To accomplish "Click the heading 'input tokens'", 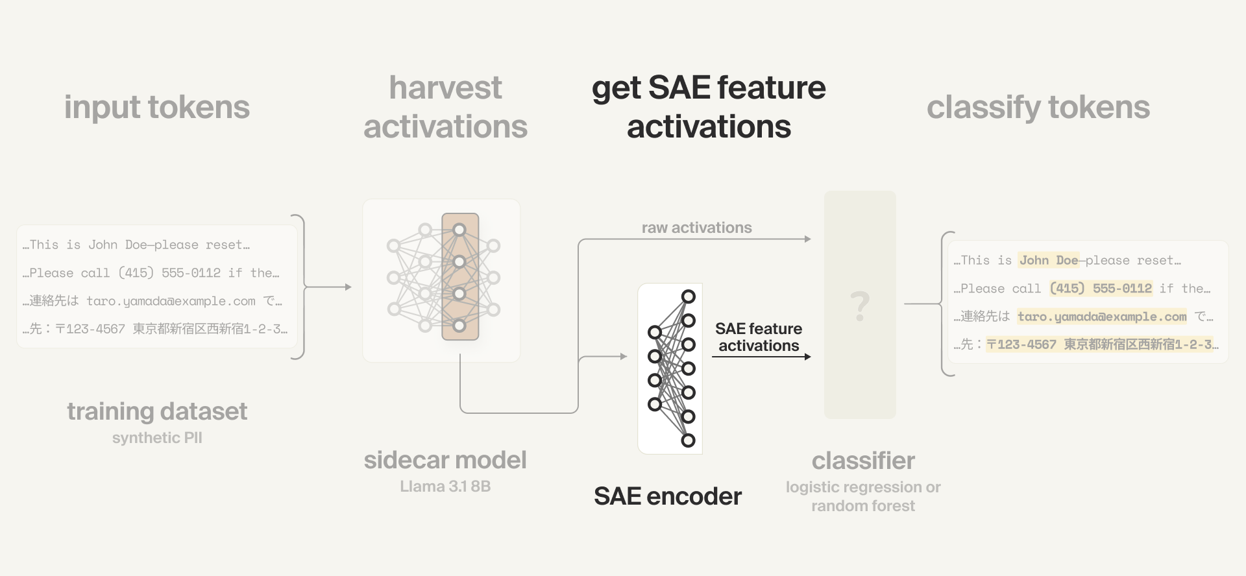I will click(x=156, y=107).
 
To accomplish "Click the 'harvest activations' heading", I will click(x=445, y=107).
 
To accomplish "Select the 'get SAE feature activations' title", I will click(x=709, y=107).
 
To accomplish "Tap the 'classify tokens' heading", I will click(x=1038, y=107).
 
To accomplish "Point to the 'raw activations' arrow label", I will click(x=696, y=228).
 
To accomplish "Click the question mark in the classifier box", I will click(x=860, y=306).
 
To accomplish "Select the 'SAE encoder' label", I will click(x=667, y=496).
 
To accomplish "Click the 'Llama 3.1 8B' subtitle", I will click(x=445, y=486).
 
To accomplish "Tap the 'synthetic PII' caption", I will click(x=157, y=438).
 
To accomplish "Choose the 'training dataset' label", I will click(x=157, y=411).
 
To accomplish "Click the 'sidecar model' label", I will click(x=445, y=460).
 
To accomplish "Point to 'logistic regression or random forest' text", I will click(x=862, y=496).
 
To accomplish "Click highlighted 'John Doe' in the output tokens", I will click(x=1047, y=260).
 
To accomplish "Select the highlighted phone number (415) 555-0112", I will click(x=1101, y=288).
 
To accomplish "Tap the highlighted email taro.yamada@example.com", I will click(x=1101, y=317).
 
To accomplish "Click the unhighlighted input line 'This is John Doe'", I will click(x=136, y=245).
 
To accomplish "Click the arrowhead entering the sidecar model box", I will click(x=348, y=287).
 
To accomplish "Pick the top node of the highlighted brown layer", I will click(x=459, y=230).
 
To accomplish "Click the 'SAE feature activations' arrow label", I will click(x=759, y=337).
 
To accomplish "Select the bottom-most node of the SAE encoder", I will click(x=689, y=440).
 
